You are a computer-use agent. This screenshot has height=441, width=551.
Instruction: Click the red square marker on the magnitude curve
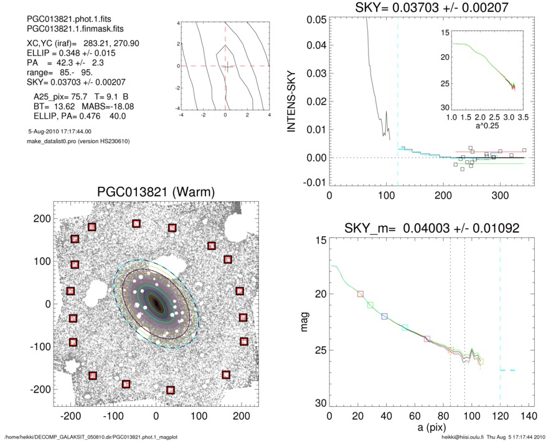point(360,293)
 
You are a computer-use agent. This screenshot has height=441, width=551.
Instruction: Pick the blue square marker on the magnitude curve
point(384,316)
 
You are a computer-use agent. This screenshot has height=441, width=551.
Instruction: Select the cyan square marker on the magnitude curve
point(405,328)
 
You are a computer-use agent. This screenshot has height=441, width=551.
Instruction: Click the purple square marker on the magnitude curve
point(427,339)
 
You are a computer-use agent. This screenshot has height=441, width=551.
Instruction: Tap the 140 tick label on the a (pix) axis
point(528,416)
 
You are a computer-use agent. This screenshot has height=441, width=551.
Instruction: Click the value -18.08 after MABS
point(121,107)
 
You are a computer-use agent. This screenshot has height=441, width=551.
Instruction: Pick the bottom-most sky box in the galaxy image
point(171,391)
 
